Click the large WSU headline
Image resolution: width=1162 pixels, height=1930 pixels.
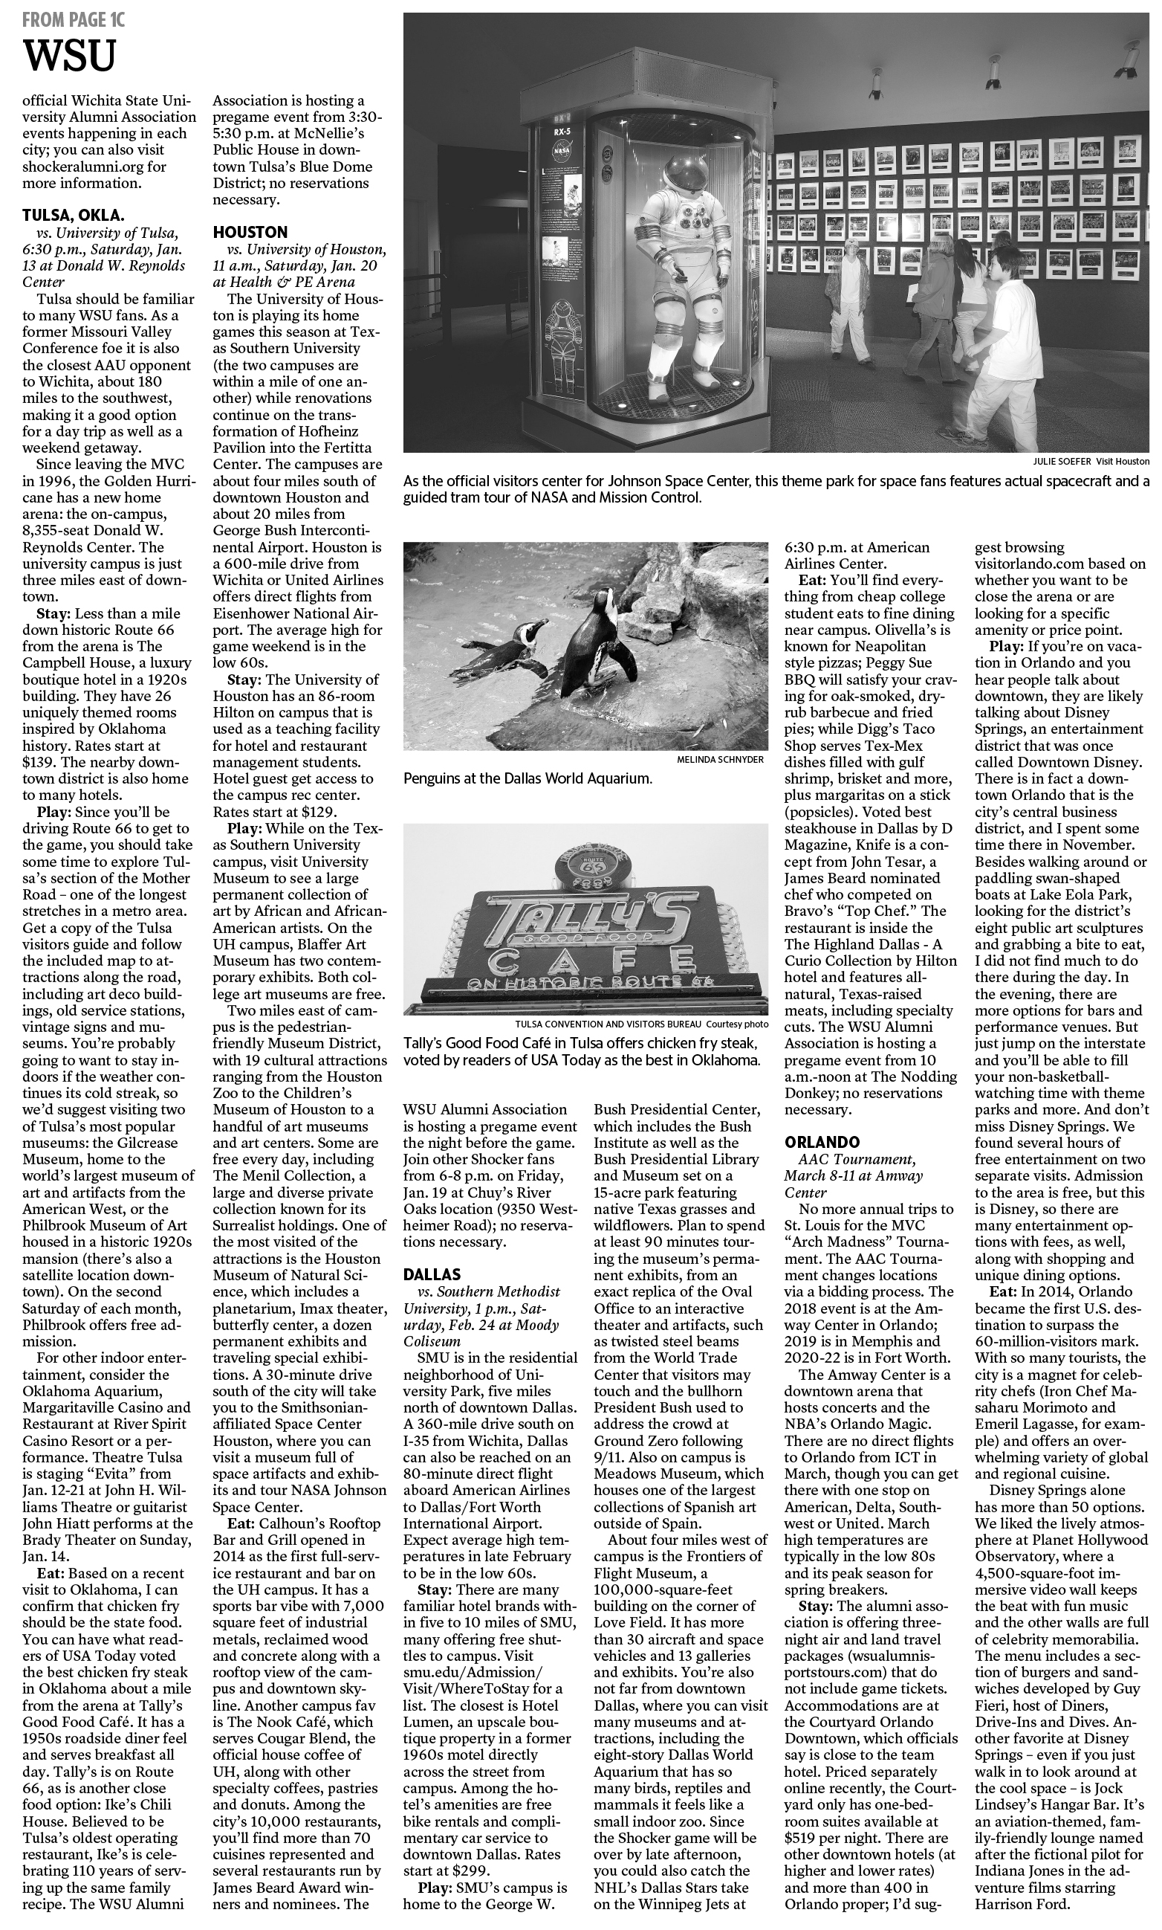pyautogui.click(x=70, y=57)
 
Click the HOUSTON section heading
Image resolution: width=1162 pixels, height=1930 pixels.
pyautogui.click(x=250, y=232)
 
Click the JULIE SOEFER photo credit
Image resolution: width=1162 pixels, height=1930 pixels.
pyautogui.click(x=1062, y=462)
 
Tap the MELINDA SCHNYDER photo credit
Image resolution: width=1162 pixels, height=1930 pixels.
pyautogui.click(x=721, y=759)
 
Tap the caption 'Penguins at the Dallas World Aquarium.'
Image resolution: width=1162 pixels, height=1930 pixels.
pyautogui.click(x=528, y=778)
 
